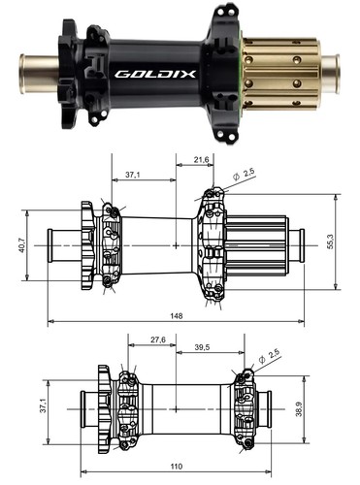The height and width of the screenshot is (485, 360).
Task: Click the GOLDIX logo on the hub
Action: (x=146, y=72)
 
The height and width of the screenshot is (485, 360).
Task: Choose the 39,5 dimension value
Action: (x=202, y=345)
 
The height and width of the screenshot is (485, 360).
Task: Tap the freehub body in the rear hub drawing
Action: (x=260, y=245)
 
